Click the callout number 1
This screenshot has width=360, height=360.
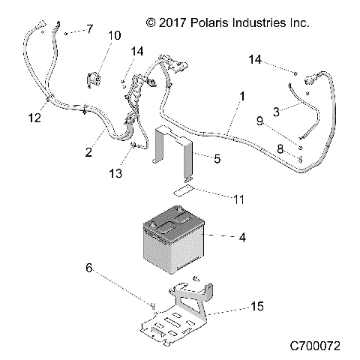(241, 97)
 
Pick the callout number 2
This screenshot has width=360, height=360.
(88, 152)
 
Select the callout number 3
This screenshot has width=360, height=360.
(276, 112)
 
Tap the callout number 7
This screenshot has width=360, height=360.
(90, 29)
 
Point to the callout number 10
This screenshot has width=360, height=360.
(114, 35)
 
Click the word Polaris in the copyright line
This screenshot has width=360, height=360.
(199, 23)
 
